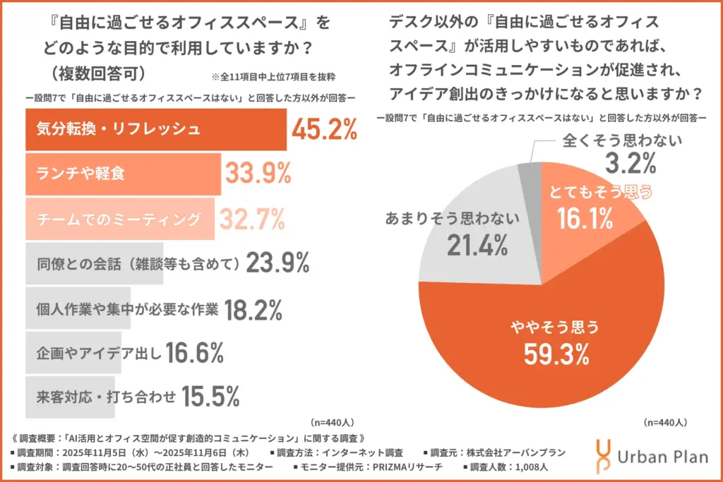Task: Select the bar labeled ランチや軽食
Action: point(124,174)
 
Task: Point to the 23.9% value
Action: point(277,263)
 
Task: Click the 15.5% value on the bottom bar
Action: point(211,397)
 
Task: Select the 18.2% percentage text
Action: point(253,308)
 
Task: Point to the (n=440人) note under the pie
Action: point(664,423)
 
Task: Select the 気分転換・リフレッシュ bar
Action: point(155,130)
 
